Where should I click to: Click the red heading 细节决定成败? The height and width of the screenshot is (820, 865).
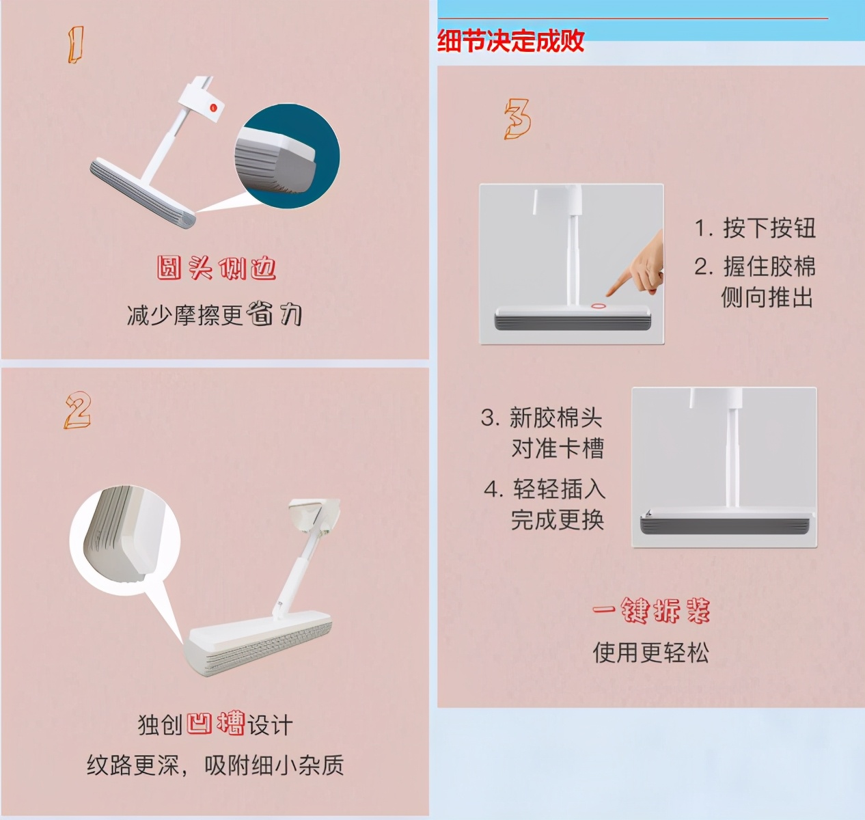coord(510,41)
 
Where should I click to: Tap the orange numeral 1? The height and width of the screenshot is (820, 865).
coord(76,45)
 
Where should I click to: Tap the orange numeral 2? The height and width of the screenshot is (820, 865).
coord(77,410)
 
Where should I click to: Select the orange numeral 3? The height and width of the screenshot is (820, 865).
coord(517,119)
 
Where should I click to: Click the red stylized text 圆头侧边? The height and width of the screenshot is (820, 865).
coord(216,268)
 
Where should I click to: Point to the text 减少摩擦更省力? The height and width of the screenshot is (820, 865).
coord(214,314)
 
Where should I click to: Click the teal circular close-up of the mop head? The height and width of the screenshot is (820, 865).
coord(287,157)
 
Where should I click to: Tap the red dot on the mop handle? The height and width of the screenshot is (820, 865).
coord(213,107)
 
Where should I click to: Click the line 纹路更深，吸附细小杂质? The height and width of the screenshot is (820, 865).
coord(215,765)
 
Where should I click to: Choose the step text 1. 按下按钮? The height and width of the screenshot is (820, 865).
coord(755,228)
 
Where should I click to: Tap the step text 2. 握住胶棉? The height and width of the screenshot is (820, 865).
coord(755,266)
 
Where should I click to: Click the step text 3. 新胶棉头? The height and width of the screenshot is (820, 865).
coord(541,417)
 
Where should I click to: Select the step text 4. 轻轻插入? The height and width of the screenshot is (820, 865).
coord(545,489)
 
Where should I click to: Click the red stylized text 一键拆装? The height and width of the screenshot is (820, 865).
coord(650,610)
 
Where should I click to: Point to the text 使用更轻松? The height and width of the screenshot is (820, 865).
coord(650,653)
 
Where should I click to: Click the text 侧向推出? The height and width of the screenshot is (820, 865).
coord(767,297)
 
